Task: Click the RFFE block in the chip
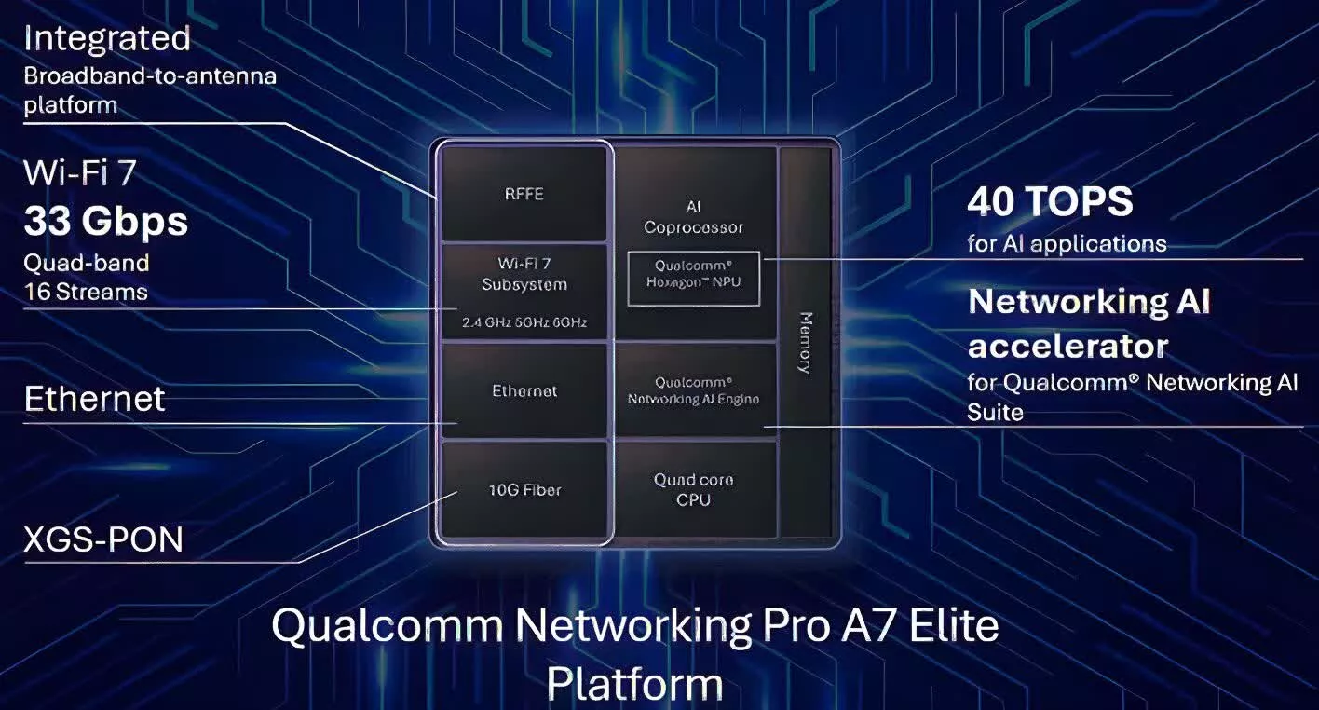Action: (x=524, y=194)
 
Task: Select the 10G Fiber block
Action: (x=524, y=490)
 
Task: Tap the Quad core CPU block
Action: (x=694, y=490)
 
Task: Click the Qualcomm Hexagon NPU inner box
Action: (x=694, y=278)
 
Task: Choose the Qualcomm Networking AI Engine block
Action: (x=694, y=390)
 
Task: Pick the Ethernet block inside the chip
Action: (x=524, y=390)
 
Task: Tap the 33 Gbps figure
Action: (x=106, y=222)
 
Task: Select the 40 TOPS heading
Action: (x=1050, y=201)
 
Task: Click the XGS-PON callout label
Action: (x=103, y=539)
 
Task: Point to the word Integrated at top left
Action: (x=107, y=39)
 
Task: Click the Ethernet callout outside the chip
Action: (x=95, y=399)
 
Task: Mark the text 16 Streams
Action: (x=86, y=292)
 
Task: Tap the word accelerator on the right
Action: (x=1067, y=347)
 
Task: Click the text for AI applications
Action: (x=1067, y=244)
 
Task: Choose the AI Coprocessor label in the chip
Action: (x=694, y=217)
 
